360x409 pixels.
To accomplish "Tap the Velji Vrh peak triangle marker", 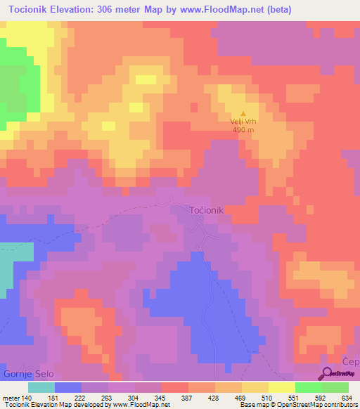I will [244, 114].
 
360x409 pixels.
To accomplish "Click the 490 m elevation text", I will [243, 129].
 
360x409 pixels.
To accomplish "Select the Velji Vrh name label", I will [243, 122].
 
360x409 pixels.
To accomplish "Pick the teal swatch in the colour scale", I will [41, 387].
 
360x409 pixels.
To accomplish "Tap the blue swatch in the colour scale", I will [67, 387].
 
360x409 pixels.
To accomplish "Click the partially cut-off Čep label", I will [350, 361].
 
